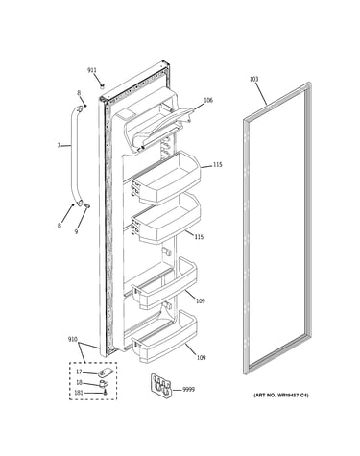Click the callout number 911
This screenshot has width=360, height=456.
[x=92, y=70]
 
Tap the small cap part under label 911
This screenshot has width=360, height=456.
[x=103, y=85]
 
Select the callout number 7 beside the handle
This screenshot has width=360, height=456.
[x=59, y=146]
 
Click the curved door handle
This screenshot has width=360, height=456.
[x=77, y=156]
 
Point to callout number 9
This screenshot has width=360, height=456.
[x=76, y=232]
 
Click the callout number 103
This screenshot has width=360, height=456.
[x=253, y=79]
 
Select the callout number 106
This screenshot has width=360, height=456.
[x=208, y=101]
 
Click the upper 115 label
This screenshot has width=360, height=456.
[x=217, y=165]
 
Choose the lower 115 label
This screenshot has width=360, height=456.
[x=199, y=237]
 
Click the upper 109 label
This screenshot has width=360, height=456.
[x=201, y=301]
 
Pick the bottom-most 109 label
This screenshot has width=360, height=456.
[x=201, y=358]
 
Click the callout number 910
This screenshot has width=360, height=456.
[x=73, y=339]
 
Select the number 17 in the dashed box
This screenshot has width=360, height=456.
[x=79, y=372]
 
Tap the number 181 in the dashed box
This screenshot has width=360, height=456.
[x=79, y=393]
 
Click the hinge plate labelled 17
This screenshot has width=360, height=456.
[x=104, y=372]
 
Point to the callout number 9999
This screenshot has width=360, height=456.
[x=188, y=390]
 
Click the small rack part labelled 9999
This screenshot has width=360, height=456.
[x=161, y=386]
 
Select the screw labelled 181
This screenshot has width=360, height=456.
[x=106, y=393]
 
